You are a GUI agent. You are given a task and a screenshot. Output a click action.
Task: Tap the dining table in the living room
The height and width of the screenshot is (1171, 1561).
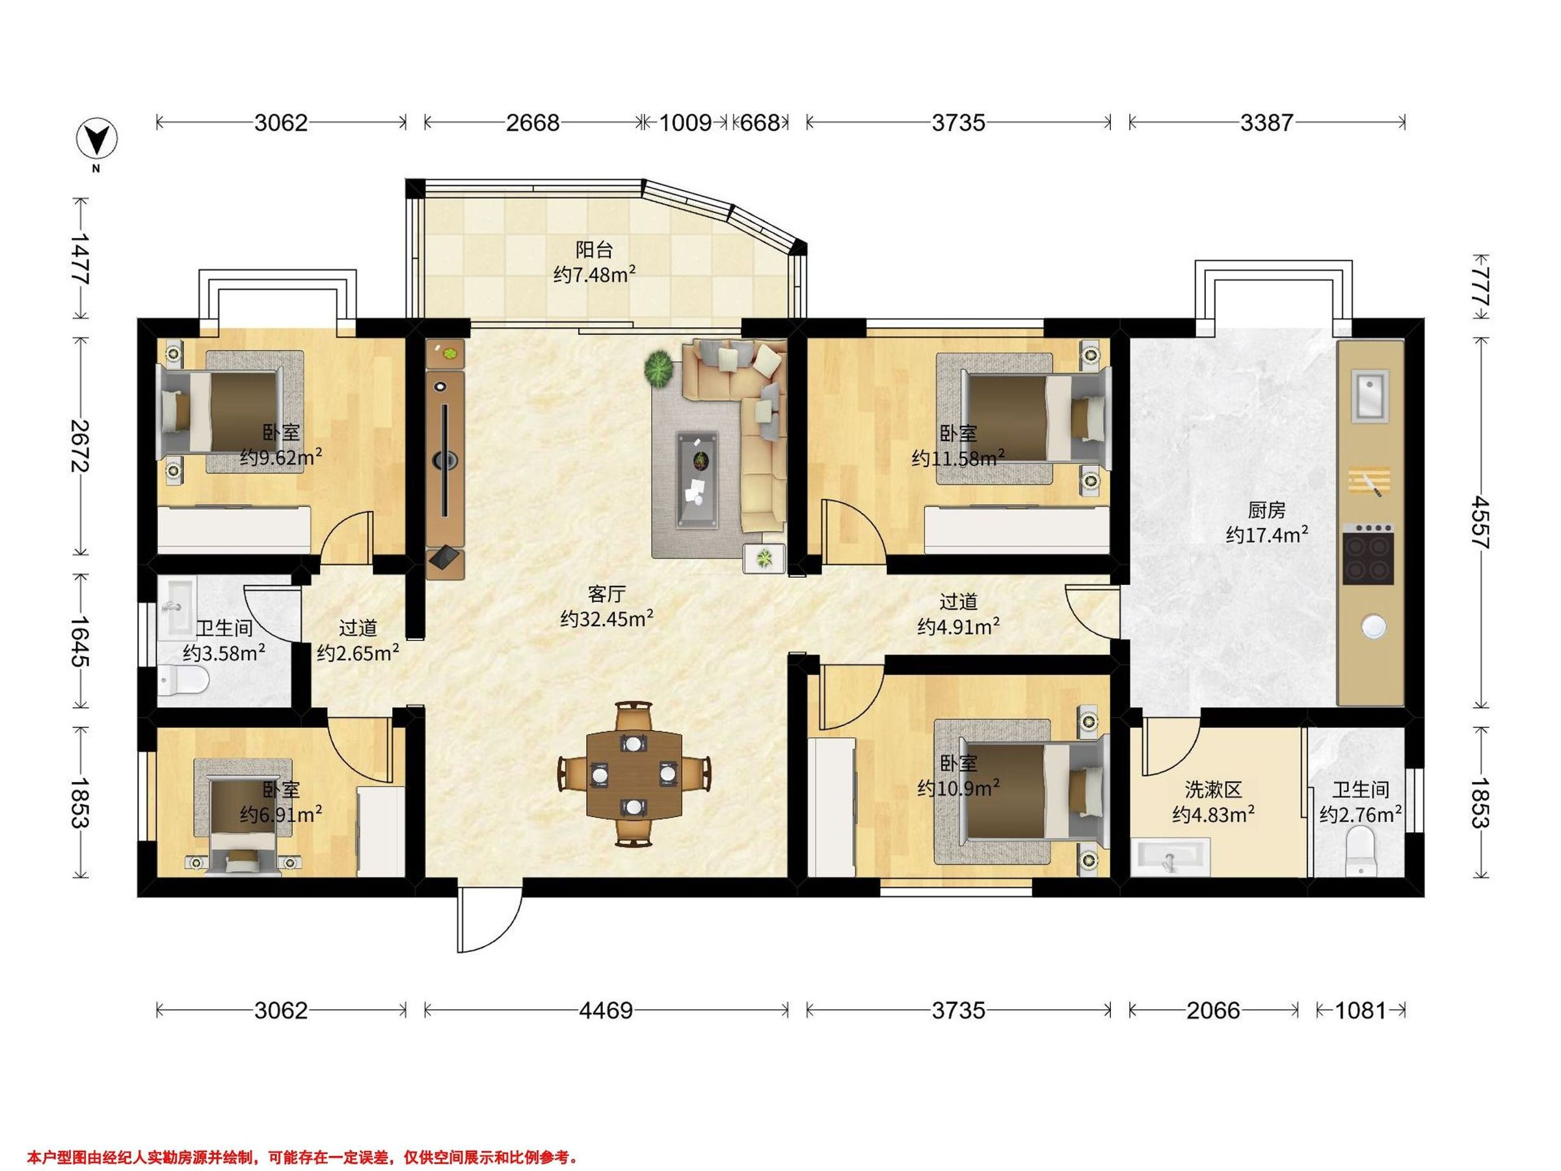tap(634, 774)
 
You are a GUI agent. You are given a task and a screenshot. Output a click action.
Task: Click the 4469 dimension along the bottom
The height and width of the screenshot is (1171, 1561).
tap(606, 1011)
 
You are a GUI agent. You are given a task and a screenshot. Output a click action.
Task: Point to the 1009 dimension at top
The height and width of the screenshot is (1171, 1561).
tap(684, 123)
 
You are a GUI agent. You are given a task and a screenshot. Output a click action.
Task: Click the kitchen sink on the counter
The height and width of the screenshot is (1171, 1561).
tap(1368, 396)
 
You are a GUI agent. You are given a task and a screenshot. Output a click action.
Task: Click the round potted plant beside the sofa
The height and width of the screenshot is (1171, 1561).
tap(659, 368)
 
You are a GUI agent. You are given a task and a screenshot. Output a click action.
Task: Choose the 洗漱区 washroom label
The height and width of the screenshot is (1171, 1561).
tap(1212, 789)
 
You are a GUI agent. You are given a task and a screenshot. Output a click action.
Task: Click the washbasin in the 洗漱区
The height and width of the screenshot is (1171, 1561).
tap(1171, 857)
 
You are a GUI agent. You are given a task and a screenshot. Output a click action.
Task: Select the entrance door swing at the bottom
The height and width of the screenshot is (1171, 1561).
tap(490, 920)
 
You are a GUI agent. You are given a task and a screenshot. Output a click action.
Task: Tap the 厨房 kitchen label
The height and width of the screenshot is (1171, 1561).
tap(1267, 509)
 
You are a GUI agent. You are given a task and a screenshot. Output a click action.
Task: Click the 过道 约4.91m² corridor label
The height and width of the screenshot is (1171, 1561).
tap(958, 613)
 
